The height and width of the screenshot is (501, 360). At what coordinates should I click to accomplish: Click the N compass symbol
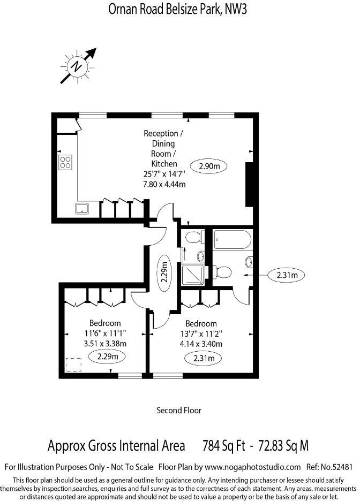[x=77, y=67]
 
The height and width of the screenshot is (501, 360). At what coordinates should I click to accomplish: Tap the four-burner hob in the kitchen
[x=65, y=162]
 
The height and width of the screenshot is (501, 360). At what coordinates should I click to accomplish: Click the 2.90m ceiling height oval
[x=209, y=166]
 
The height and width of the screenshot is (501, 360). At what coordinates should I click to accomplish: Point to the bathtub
[x=232, y=239]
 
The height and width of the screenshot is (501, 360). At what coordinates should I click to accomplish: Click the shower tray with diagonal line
[x=193, y=275]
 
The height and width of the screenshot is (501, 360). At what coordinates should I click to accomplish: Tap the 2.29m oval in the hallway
[x=164, y=272]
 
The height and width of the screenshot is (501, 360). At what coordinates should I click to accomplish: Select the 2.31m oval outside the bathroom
[x=286, y=275]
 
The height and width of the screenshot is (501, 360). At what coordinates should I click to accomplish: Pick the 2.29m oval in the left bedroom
[x=107, y=356]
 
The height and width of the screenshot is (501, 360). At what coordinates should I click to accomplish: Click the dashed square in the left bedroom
[x=73, y=365]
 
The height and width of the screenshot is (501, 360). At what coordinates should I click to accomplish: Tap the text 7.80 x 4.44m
[x=164, y=184]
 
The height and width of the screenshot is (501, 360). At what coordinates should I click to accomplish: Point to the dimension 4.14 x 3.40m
[x=201, y=344]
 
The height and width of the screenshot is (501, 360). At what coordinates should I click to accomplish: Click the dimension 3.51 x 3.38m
[x=105, y=344]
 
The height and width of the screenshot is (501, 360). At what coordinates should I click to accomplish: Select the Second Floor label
[x=179, y=410]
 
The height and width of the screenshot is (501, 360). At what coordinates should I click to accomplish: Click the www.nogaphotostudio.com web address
[x=252, y=467]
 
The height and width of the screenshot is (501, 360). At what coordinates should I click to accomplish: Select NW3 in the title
[x=236, y=9]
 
